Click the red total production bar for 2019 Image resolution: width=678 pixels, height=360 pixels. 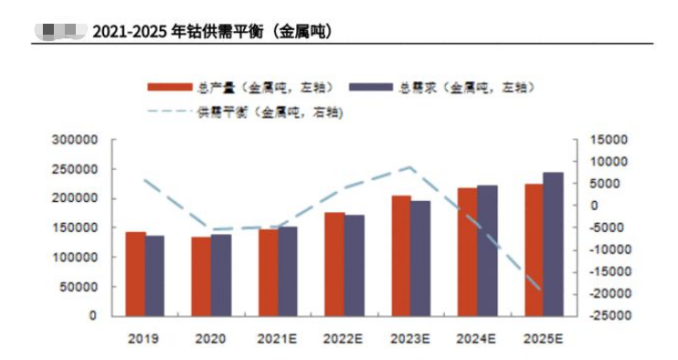pos(134,274)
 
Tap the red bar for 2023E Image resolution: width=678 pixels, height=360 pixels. pos(400,256)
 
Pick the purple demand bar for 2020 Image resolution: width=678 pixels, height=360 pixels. pos(221,275)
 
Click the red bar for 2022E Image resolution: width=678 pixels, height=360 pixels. pos(334,264)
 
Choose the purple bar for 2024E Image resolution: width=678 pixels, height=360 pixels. pos(487,250)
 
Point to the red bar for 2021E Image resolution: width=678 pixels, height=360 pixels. pos(268,272)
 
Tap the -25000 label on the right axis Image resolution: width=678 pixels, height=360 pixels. pos(602,316)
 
